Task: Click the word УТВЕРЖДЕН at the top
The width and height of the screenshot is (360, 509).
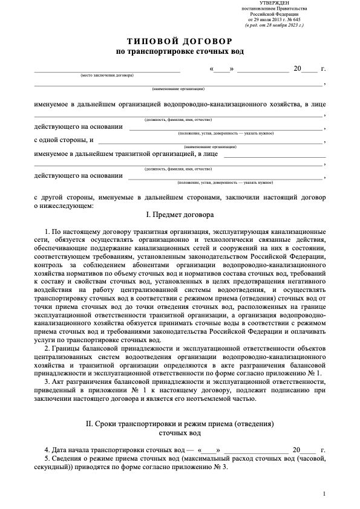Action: (x=273, y=4)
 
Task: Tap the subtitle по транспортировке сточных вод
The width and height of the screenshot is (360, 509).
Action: (x=180, y=52)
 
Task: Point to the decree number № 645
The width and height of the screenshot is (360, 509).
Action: (x=298, y=21)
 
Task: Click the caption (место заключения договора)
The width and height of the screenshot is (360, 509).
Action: (x=107, y=75)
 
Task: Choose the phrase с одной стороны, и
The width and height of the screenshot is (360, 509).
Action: (x=64, y=140)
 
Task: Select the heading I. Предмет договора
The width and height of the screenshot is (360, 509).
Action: (x=180, y=215)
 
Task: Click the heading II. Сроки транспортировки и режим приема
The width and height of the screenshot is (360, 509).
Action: (x=180, y=424)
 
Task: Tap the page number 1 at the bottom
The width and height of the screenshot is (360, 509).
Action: (x=325, y=494)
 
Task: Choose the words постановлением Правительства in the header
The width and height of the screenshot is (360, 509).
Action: (x=273, y=10)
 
